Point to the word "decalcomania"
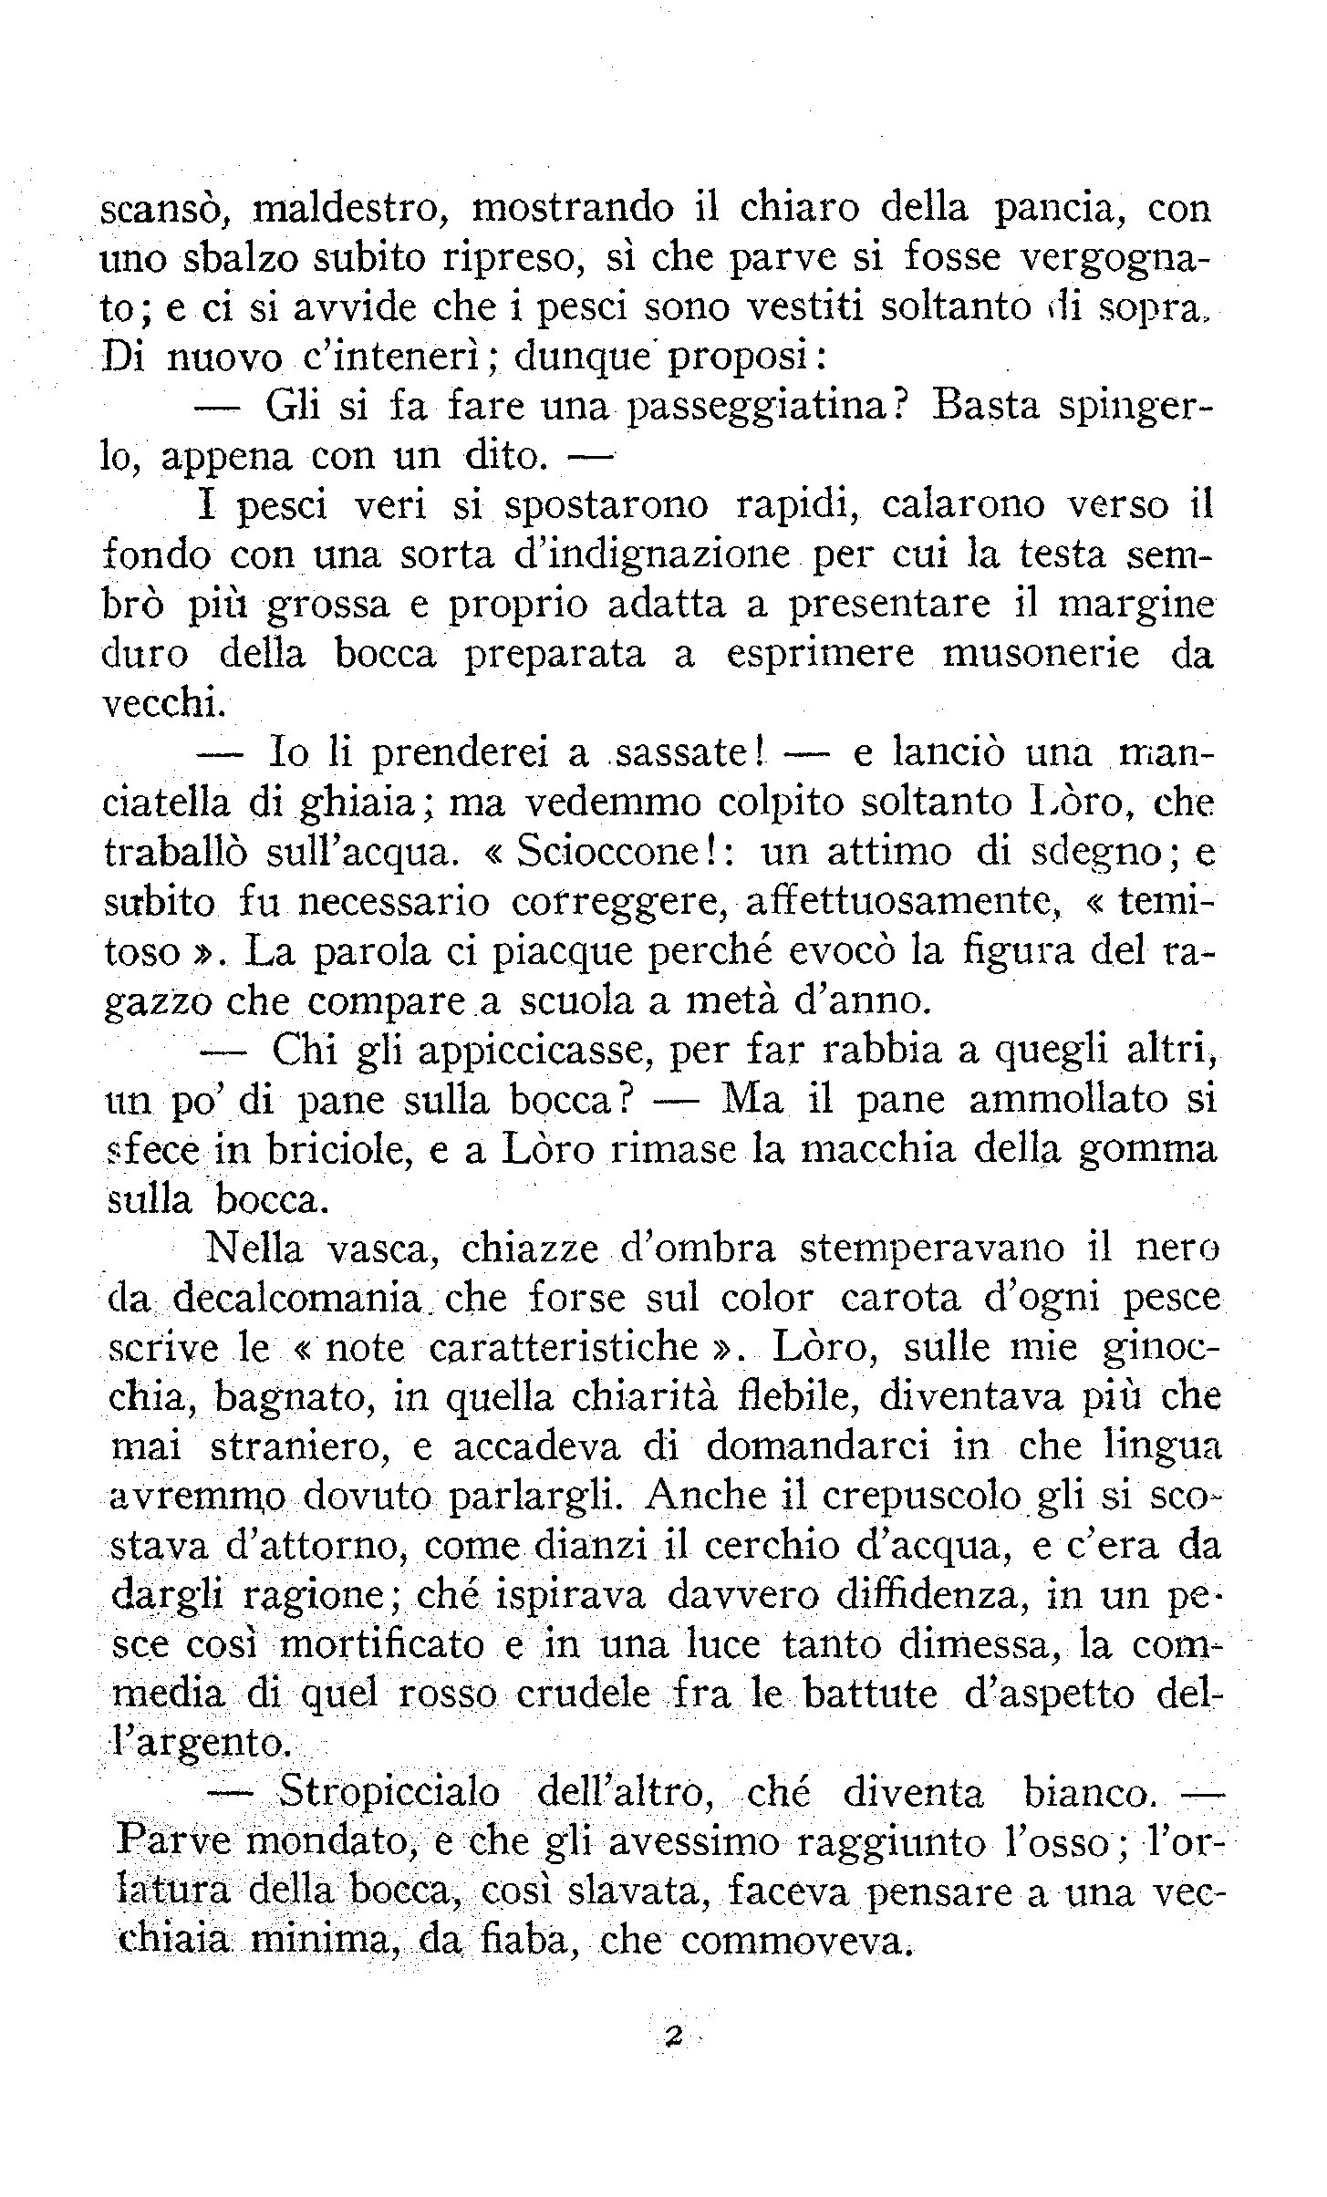pyautogui.click(x=302, y=1299)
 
